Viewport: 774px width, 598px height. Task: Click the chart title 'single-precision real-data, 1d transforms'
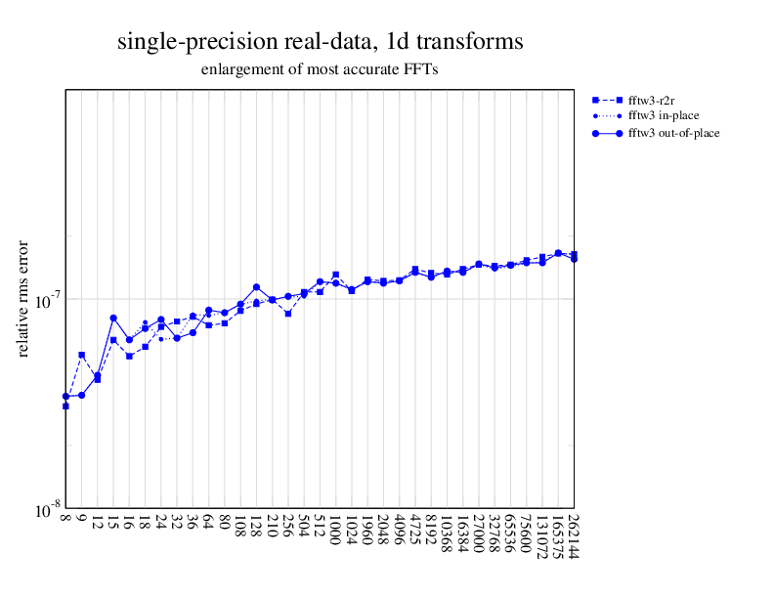pos(320,42)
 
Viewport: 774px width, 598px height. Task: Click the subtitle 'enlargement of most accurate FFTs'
pos(320,70)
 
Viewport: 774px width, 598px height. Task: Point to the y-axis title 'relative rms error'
pos(23,297)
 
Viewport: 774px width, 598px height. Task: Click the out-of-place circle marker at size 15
pos(113,319)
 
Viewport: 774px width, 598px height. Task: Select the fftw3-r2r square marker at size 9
pos(81,355)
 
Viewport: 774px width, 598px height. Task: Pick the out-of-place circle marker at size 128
pos(256,287)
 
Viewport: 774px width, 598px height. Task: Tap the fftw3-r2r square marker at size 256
pos(288,314)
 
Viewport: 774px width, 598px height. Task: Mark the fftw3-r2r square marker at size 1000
pos(336,275)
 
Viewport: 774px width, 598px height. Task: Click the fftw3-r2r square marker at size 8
pos(65,406)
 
